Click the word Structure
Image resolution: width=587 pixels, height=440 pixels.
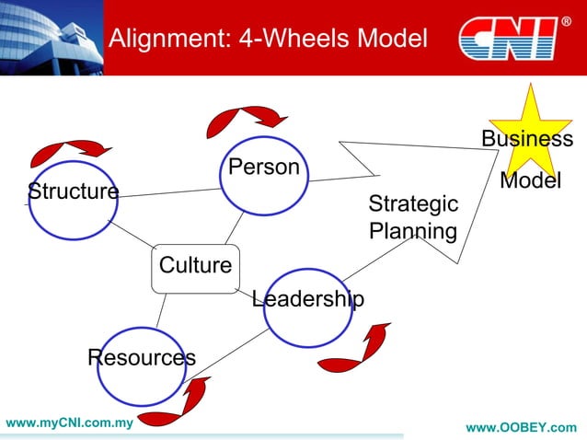point(73,191)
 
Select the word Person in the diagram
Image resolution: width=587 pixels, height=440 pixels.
point(263,167)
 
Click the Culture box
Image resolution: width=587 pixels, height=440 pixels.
point(195,266)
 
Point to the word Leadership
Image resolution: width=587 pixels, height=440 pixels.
point(307,299)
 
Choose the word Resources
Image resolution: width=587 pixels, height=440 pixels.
point(141,357)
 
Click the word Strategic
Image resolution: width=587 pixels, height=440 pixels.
point(412,203)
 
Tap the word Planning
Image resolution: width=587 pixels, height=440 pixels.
point(412,230)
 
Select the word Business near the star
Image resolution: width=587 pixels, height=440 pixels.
point(527,139)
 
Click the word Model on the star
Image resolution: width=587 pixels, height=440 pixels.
point(530,181)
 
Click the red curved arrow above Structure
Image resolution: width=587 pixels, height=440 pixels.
point(71,150)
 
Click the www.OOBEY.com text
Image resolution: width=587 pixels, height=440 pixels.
point(522,428)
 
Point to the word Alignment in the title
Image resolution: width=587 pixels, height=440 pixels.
point(162,40)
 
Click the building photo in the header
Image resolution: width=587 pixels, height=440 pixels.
point(50,37)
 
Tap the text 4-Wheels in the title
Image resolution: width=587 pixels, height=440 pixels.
point(284,40)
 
